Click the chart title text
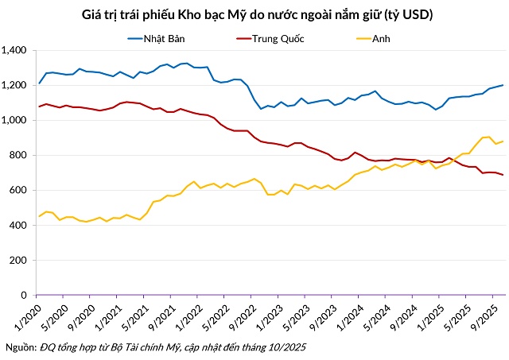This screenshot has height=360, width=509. [254, 15]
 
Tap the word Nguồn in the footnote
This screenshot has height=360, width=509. [20, 348]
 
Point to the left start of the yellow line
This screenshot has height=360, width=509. [40, 216]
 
